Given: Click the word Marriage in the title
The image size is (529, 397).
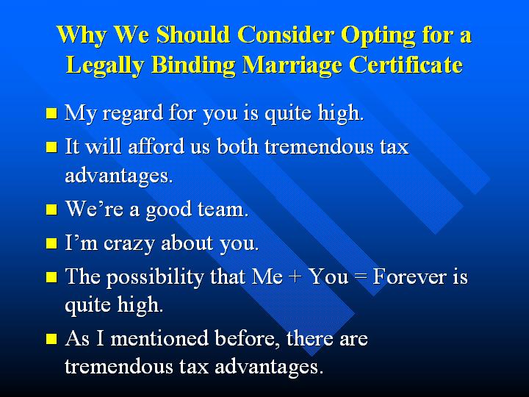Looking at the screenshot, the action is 292,65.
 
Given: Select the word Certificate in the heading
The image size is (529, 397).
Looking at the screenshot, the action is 406,64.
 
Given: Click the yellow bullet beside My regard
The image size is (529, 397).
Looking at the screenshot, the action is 51,113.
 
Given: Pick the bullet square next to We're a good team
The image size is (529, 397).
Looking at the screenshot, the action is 51,210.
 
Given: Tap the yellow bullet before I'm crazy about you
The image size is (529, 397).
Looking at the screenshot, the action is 51,243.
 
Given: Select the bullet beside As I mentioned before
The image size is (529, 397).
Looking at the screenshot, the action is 51,339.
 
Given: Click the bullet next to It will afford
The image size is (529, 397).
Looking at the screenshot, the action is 51,147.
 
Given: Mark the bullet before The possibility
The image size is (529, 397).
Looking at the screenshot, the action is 51,277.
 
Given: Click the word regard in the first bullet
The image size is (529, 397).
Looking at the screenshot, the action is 132,113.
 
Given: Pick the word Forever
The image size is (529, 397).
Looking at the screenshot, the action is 409,276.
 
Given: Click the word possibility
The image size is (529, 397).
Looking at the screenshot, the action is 155,277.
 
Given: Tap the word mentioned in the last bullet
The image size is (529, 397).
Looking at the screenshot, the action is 159,338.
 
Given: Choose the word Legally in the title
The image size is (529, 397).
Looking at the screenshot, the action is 104,65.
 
